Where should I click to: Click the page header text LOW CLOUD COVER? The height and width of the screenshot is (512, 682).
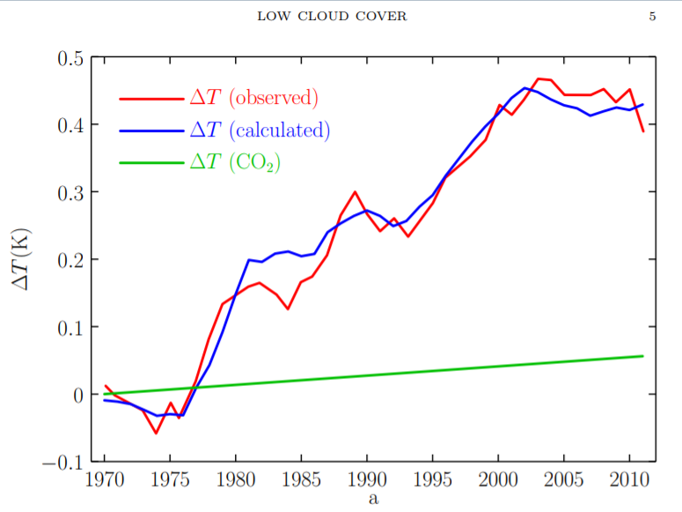click(x=332, y=16)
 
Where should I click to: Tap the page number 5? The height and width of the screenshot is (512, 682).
click(x=652, y=16)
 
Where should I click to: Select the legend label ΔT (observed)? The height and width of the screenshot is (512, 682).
click(x=254, y=97)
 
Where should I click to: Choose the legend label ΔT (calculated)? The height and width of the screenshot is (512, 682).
click(x=260, y=130)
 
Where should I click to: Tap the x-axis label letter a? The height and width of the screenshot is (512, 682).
click(x=373, y=499)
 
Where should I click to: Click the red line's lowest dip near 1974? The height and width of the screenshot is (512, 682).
click(x=157, y=433)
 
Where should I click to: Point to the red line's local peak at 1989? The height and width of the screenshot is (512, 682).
click(x=355, y=192)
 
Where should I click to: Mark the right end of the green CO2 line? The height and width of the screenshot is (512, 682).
click(x=643, y=356)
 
